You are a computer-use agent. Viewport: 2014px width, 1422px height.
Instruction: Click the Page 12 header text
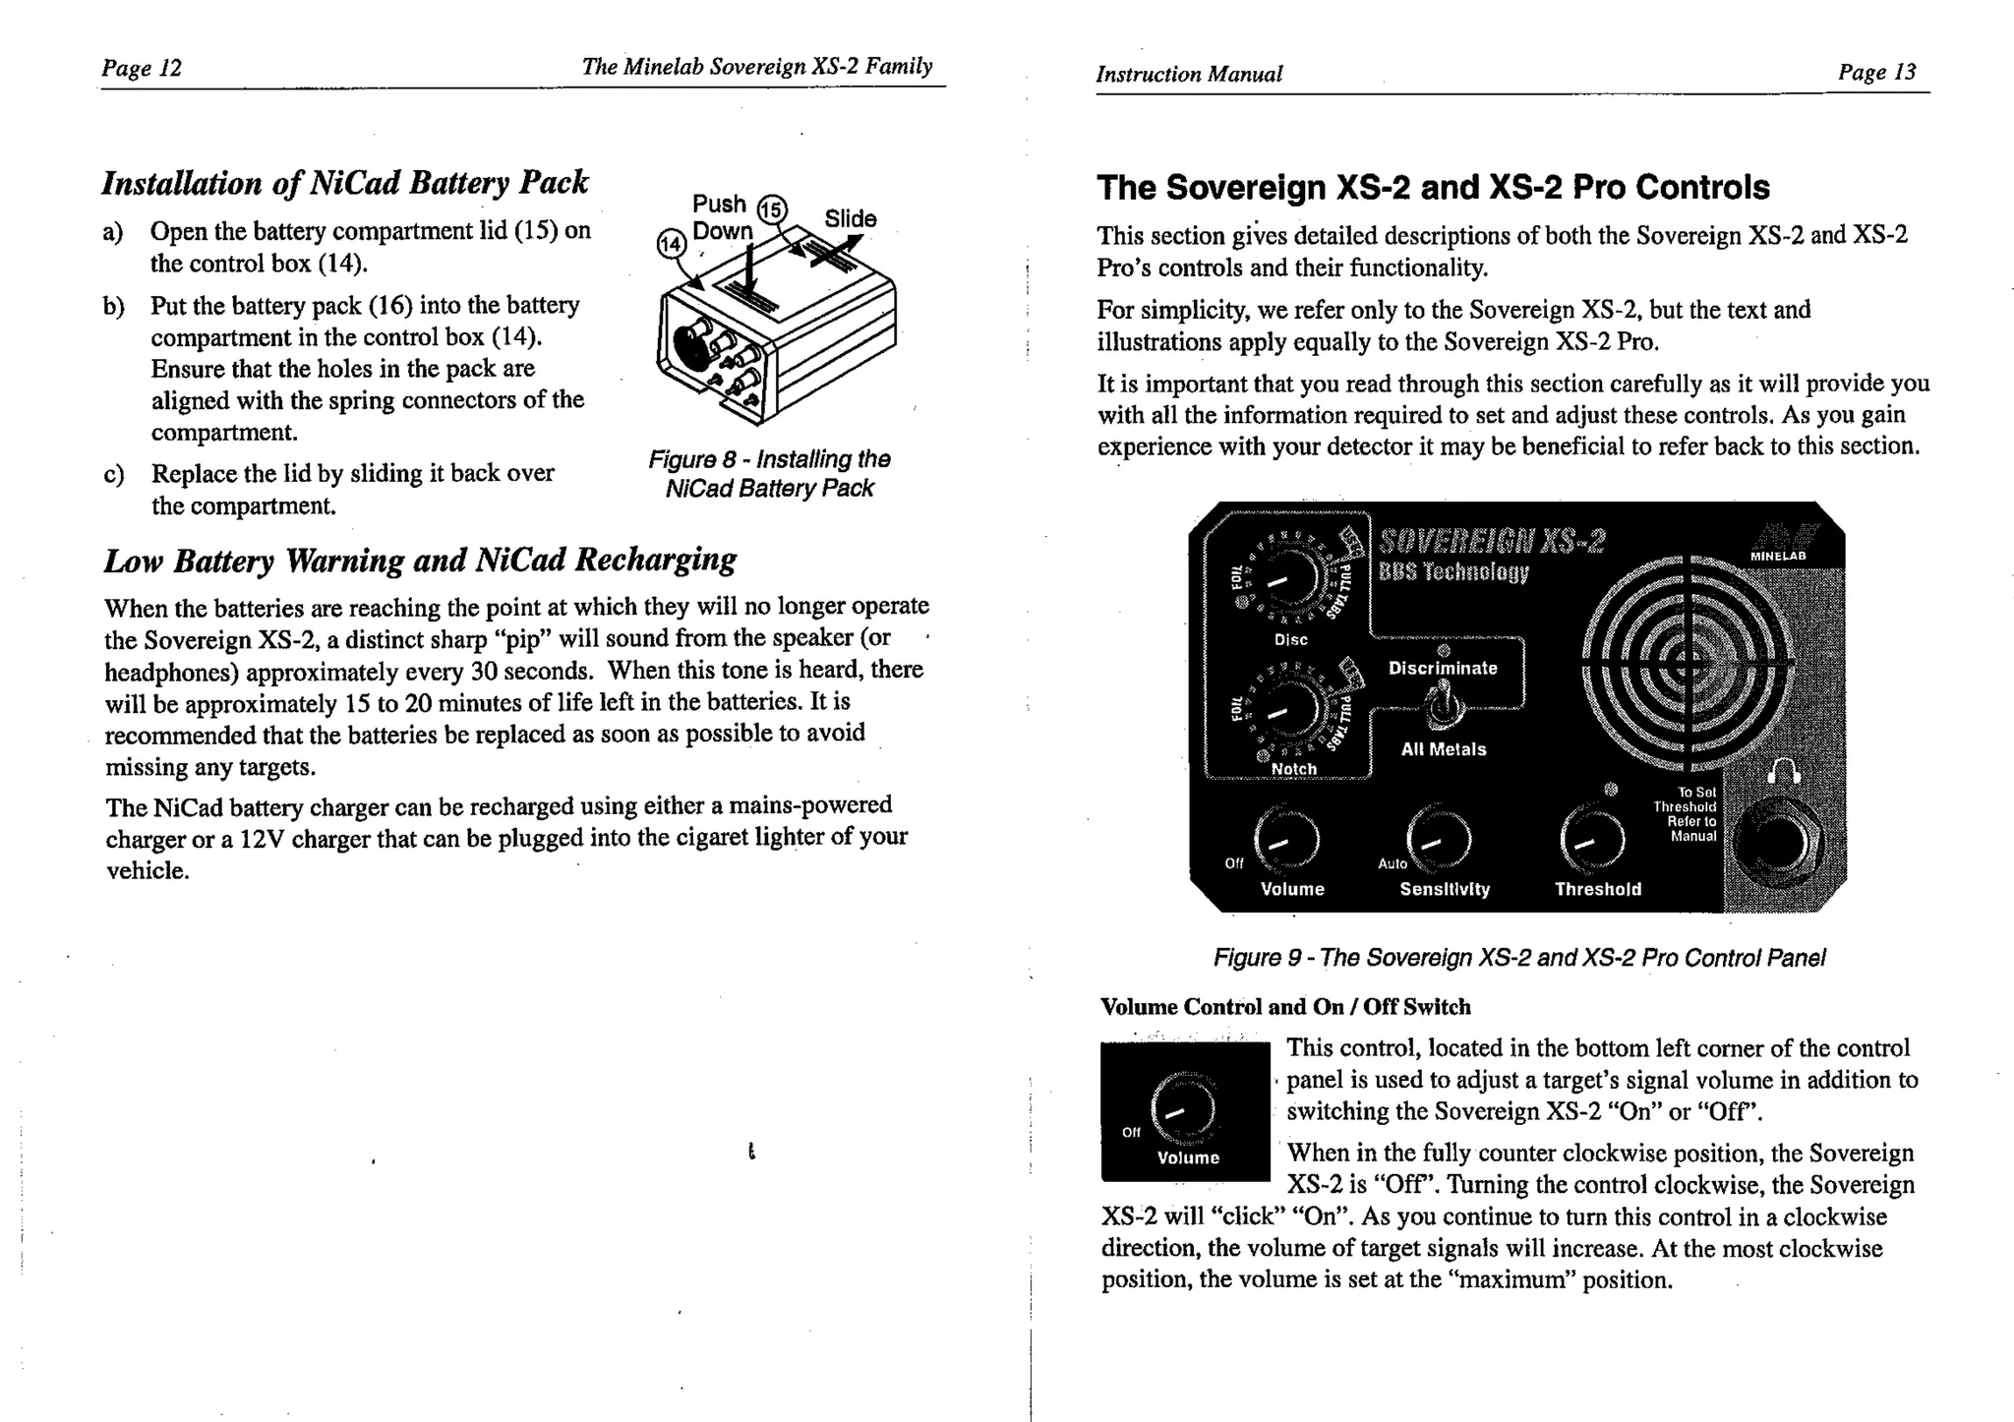coord(142,68)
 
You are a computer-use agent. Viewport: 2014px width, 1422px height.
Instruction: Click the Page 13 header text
coord(1876,72)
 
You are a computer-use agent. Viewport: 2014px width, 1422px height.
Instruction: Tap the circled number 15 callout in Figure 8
coord(772,209)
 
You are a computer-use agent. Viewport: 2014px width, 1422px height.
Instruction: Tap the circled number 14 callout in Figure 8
coord(671,242)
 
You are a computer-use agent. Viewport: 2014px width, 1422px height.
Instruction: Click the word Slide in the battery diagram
coord(850,218)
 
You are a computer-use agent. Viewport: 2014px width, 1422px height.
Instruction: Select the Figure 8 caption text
coord(769,473)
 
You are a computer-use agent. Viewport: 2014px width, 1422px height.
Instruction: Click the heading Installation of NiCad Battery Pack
coord(345,183)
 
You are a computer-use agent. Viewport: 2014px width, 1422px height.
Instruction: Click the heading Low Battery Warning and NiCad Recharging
coord(420,560)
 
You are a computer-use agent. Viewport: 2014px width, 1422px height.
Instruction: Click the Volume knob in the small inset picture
coord(1184,1108)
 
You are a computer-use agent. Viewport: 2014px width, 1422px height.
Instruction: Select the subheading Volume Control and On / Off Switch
coord(1285,1007)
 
